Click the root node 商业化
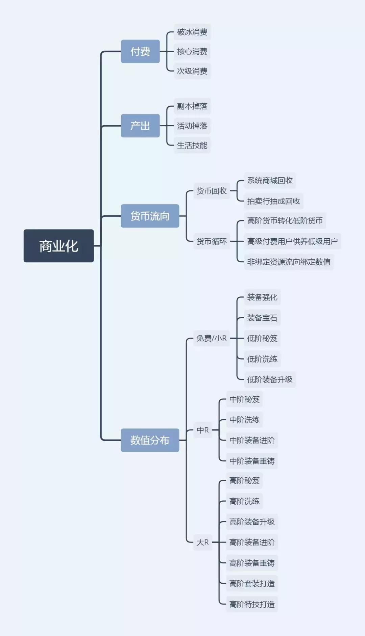(58, 246)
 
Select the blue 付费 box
(140, 51)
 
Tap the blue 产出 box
(140, 126)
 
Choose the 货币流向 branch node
(150, 216)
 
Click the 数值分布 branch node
(150, 440)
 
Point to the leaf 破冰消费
(192, 32)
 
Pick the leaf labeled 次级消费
(192, 71)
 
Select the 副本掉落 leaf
(192, 106)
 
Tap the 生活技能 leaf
(192, 145)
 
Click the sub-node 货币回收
(212, 191)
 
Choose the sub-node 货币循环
(212, 241)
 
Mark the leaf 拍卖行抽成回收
(273, 201)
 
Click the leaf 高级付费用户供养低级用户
(292, 241)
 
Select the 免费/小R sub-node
(212, 338)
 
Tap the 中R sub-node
(202, 430)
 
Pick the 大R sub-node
(202, 542)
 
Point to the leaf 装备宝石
(262, 318)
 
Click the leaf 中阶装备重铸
(252, 461)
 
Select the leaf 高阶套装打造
(252, 583)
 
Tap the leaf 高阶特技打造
(252, 604)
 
